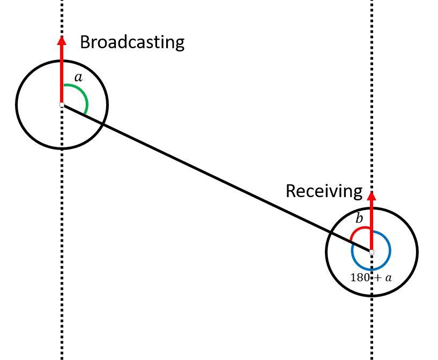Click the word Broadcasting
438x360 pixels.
pos(132,42)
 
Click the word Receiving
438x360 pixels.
pos(324,191)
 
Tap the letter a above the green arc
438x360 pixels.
pos(79,78)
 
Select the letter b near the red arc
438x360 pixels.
pos(359,219)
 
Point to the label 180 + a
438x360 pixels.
pos(371,277)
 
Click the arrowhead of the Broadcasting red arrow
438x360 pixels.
pos(62,40)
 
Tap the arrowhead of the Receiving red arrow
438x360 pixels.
pos(372,196)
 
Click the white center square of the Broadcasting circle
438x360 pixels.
pos(62,105)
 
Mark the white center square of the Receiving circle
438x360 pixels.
pos(372,251)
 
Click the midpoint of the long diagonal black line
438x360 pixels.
pos(217,178)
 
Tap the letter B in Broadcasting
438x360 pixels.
pos(85,42)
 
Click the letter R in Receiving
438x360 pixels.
pos(291,191)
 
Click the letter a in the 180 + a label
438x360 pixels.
pos(388,278)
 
